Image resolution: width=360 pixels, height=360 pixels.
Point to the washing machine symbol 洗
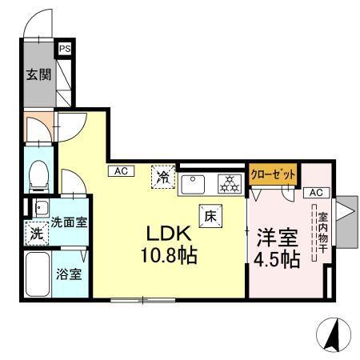point(36,236)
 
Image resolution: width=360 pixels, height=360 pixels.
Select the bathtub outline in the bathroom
point(36,274)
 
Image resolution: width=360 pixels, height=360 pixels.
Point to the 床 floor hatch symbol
point(210,214)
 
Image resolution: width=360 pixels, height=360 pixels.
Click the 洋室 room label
point(277,238)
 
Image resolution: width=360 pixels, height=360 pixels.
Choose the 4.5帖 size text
point(278,259)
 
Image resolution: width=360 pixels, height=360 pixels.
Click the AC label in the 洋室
point(314,193)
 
